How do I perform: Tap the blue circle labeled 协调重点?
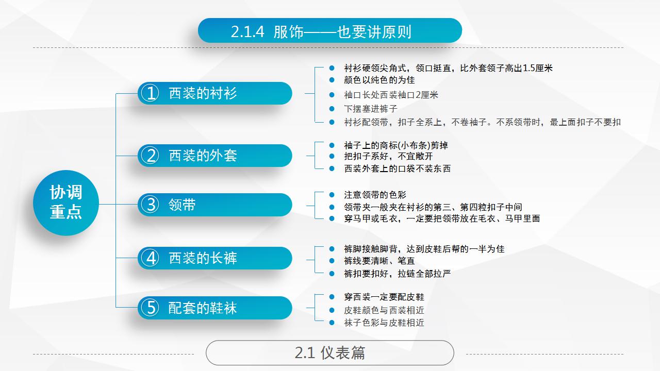66,203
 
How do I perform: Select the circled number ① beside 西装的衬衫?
150,93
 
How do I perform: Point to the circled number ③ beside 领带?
150,205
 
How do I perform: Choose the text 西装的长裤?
203,258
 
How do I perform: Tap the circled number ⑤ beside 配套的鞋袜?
150,308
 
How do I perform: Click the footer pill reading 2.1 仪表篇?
329,353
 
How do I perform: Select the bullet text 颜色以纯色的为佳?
379,80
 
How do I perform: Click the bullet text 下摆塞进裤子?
371,109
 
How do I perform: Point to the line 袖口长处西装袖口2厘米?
391,95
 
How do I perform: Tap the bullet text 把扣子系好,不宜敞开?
388,156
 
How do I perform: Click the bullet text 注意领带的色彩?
375,195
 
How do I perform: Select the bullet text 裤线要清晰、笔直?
379,261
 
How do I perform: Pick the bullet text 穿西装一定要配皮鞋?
384,297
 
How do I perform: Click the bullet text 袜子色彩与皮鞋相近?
384,323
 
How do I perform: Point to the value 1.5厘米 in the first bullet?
537,68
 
